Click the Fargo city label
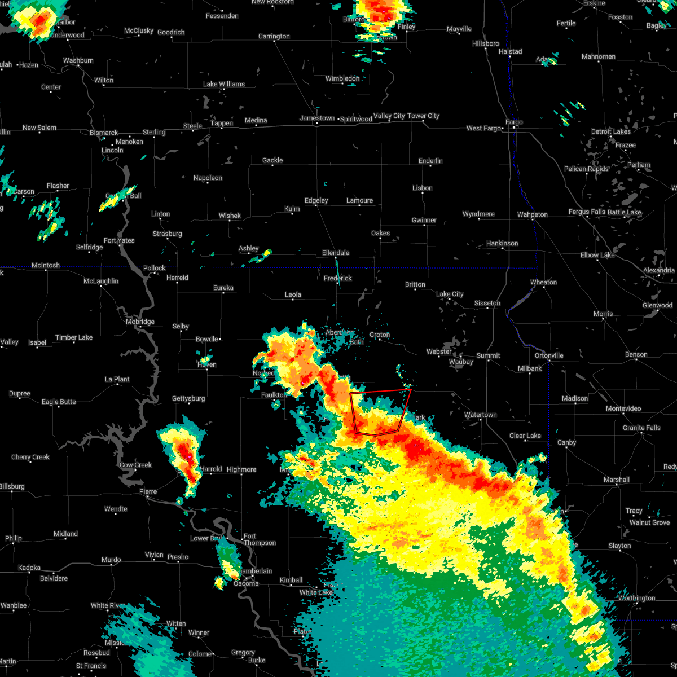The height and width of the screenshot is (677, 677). (x=514, y=122)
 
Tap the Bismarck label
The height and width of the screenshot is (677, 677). (x=104, y=133)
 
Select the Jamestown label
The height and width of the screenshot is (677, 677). (x=316, y=118)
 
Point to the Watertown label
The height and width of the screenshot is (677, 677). (x=480, y=415)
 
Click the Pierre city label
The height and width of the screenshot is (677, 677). (x=148, y=491)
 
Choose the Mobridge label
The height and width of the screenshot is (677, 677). (x=140, y=322)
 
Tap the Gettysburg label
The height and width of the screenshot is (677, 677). (x=188, y=398)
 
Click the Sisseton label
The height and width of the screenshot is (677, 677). (x=487, y=303)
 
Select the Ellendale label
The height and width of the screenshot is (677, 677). (x=336, y=253)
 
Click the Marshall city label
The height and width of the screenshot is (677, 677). (x=616, y=480)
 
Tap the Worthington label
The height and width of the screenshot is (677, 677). (x=636, y=598)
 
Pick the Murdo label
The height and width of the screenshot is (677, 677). (x=111, y=560)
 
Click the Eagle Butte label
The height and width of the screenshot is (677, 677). (x=59, y=402)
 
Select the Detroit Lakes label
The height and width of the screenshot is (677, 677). (x=610, y=131)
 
